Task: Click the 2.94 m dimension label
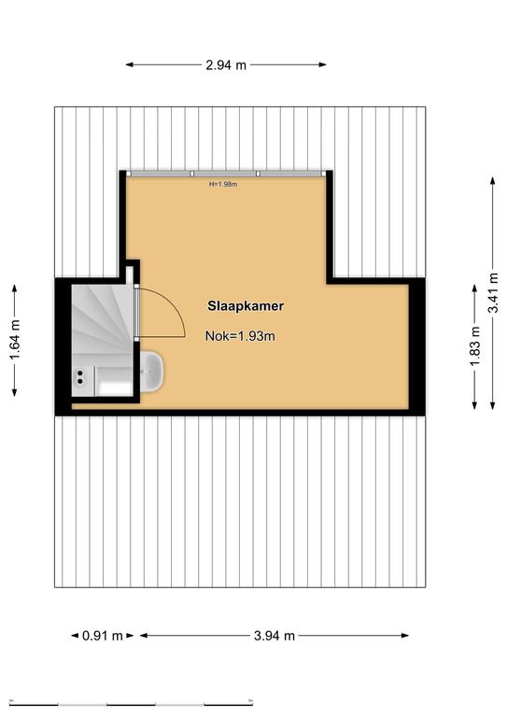tap(226, 65)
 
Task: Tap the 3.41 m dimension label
tap(493, 292)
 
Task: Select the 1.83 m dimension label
tap(475, 346)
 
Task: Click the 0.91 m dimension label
tap(103, 636)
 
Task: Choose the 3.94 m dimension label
tap(275, 636)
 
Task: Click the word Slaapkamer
tap(246, 306)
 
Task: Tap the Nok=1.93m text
tap(240, 336)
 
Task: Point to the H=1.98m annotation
tap(223, 184)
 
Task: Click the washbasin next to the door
tap(152, 372)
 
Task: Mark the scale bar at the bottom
tap(131, 703)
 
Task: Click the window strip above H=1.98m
tap(226, 174)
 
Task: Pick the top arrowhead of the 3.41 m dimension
tap(493, 180)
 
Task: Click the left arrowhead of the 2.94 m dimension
tap(130, 65)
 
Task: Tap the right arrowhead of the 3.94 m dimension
tap(405, 636)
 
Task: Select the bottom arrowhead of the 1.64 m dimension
tap(15, 392)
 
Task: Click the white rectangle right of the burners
tap(115, 387)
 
